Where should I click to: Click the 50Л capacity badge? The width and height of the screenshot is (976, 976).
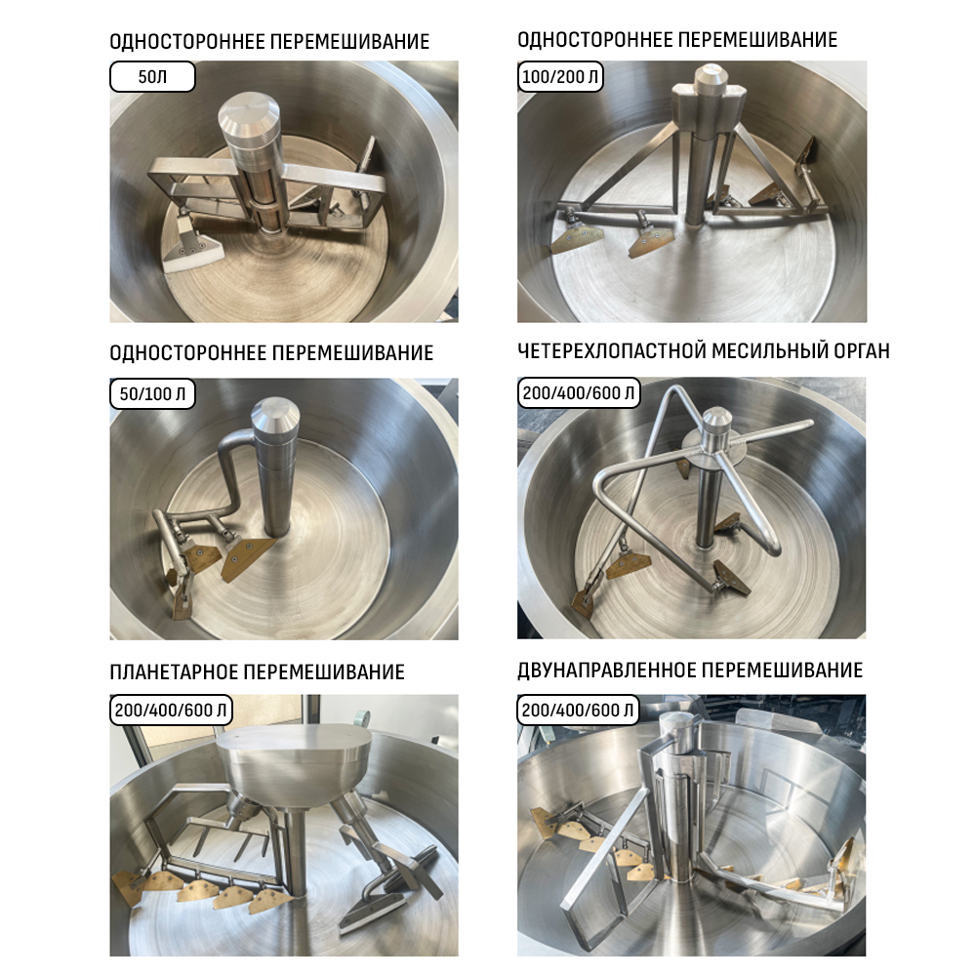[x=152, y=76]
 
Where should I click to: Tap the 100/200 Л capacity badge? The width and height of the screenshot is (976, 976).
[x=560, y=76]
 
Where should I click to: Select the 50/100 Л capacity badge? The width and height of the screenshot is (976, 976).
[x=152, y=393]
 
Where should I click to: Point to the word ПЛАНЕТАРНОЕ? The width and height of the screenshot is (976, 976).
[x=174, y=672]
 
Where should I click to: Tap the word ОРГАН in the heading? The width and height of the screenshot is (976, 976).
[x=862, y=351]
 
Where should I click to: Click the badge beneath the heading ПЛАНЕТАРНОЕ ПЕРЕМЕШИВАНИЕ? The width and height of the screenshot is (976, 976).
[x=171, y=711]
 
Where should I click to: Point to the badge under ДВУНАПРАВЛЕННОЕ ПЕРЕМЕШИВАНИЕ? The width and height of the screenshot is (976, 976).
[x=578, y=711]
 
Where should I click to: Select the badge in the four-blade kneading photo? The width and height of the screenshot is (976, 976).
[x=579, y=392]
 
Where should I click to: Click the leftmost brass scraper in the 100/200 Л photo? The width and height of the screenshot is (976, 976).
[x=577, y=239]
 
